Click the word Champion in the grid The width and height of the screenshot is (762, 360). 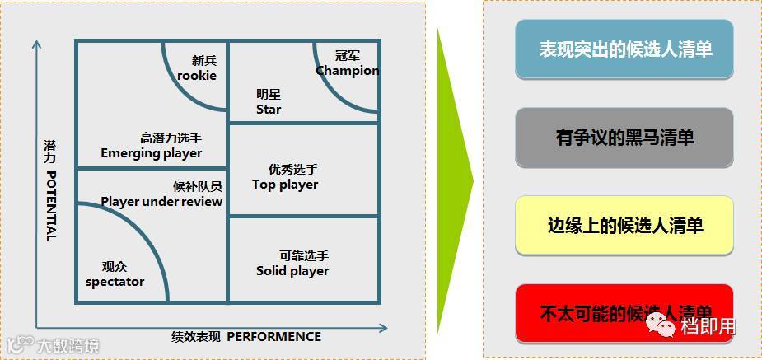coord(347,71)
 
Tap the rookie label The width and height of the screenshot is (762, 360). coord(197,75)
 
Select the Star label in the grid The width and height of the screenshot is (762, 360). coord(269,109)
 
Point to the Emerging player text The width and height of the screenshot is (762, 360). coord(152,152)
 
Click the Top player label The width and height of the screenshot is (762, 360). coord(285,185)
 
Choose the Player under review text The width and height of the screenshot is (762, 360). coord(161,201)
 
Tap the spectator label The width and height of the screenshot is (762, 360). coord(115,282)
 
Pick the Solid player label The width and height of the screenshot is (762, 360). coord(292,270)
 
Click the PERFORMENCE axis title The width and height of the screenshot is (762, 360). coord(273,336)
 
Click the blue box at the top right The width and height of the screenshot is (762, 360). coord(624,49)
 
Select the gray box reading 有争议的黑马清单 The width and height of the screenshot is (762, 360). coord(624,137)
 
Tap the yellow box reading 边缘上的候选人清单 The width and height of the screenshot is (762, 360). coord(624,225)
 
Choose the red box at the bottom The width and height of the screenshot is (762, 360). coord(624,312)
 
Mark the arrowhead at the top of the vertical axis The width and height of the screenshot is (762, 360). coord(35,44)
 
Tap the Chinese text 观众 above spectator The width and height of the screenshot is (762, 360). coord(115,267)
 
